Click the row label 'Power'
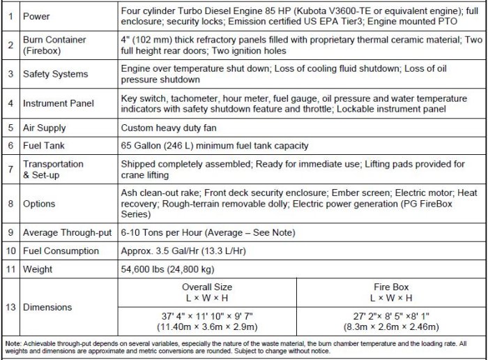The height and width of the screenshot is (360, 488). click(x=36, y=16)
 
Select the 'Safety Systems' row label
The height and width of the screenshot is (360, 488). click(x=55, y=74)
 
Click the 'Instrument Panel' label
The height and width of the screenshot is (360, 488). click(x=59, y=103)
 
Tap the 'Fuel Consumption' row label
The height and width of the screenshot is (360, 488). click(x=61, y=250)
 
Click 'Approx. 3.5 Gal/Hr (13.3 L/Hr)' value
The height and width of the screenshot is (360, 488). click(x=185, y=250)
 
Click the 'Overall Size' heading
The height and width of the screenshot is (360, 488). click(x=207, y=287)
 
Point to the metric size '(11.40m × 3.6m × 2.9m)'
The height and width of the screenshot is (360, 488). click(x=207, y=327)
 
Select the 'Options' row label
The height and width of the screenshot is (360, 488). click(x=39, y=204)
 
